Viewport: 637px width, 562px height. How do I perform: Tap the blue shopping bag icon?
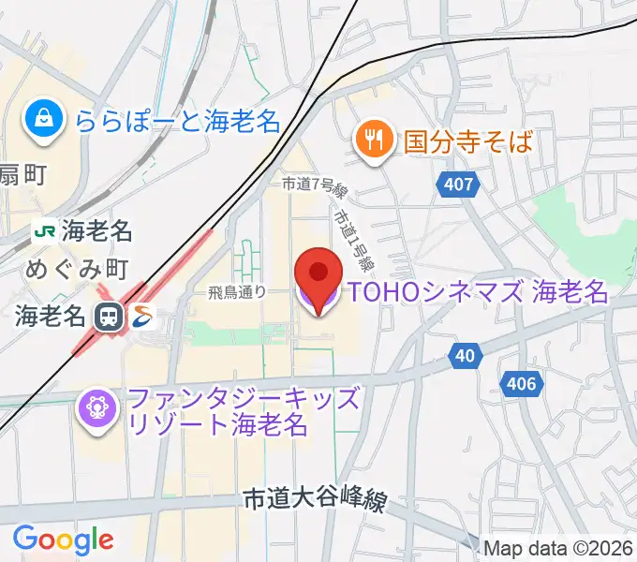click(44, 118)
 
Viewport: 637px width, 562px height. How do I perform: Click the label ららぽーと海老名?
click(177, 120)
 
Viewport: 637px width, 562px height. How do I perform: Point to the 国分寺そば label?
click(468, 141)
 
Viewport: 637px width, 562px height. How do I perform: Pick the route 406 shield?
click(523, 383)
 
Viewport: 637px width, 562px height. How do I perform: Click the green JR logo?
click(43, 229)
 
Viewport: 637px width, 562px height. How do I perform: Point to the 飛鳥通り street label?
click(237, 292)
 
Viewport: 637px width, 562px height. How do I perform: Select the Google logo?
click(64, 539)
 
